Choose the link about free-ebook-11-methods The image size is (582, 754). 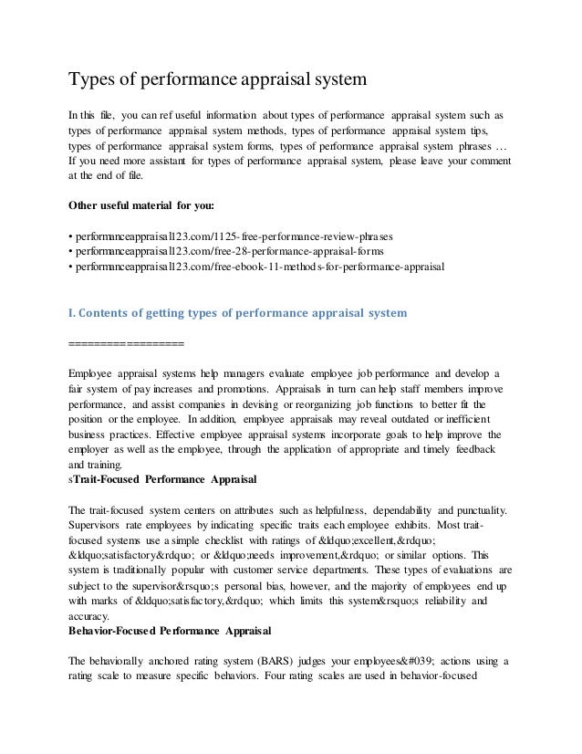click(255, 267)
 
